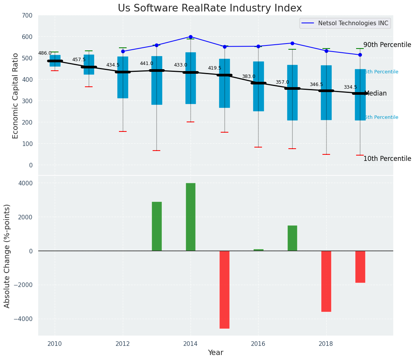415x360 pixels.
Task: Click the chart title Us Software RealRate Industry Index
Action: click(210, 8)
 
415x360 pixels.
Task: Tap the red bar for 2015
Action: click(225, 289)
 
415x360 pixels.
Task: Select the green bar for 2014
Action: click(190, 217)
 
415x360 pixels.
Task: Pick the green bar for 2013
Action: click(156, 226)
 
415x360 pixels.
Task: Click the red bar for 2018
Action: click(326, 281)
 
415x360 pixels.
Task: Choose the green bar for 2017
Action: click(292, 238)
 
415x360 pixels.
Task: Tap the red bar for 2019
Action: click(360, 266)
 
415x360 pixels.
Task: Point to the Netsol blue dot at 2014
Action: click(190, 37)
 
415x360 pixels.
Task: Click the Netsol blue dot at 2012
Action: click(123, 51)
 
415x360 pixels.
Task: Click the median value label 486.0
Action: click(45, 53)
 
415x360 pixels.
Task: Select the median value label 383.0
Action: click(249, 76)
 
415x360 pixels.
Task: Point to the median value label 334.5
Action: click(350, 88)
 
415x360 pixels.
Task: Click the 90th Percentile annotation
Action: click(387, 45)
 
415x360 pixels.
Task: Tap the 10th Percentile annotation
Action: click(387, 159)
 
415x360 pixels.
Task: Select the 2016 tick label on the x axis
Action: click(258, 344)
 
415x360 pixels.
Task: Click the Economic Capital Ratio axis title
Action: click(16, 96)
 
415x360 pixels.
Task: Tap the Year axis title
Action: click(216, 352)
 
